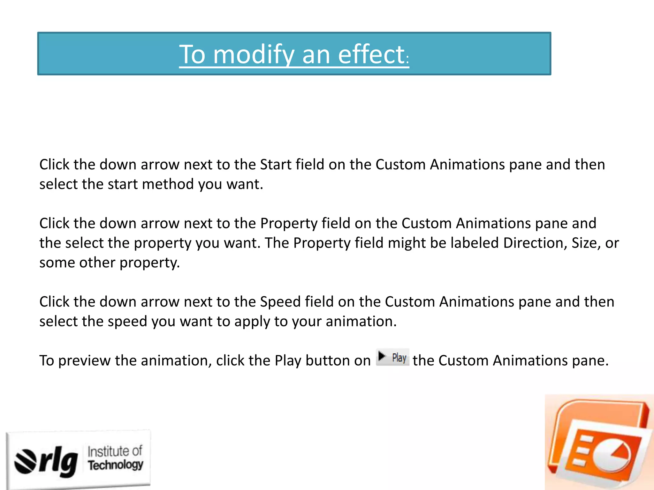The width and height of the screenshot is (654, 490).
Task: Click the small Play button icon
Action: tap(392, 357)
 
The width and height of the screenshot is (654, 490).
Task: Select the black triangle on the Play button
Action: tap(382, 356)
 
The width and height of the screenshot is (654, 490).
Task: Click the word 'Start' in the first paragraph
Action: tap(276, 165)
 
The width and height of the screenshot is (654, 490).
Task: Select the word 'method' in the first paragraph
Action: tap(168, 184)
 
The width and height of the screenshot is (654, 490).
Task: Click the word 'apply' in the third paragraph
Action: tap(252, 322)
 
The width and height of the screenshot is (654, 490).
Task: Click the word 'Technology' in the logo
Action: tap(116, 465)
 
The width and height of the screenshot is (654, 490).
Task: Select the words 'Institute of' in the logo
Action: tap(115, 451)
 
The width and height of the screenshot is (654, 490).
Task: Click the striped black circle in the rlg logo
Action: tap(26, 461)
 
